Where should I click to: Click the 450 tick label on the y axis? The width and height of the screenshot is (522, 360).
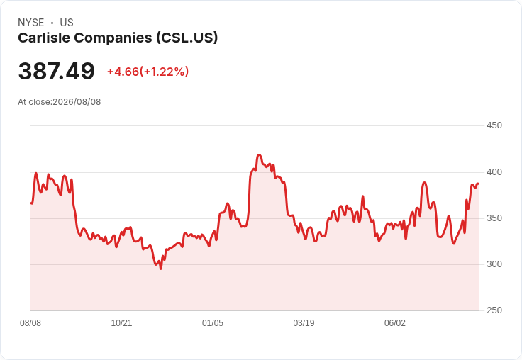[x=494, y=125]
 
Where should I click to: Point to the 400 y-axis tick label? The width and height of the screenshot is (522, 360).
[x=494, y=172]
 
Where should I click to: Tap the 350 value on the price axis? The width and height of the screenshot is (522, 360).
[x=494, y=218]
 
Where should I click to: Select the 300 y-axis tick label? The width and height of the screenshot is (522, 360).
[x=494, y=264]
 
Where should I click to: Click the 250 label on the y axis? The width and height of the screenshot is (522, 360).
[x=494, y=310]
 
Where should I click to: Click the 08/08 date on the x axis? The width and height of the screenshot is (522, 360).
[x=30, y=323]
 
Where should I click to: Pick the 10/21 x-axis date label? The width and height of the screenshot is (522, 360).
[x=121, y=323]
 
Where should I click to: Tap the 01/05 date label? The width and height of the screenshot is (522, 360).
[x=213, y=323]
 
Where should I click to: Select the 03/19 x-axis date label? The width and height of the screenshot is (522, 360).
[x=304, y=323]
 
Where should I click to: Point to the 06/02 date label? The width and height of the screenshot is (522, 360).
[x=395, y=323]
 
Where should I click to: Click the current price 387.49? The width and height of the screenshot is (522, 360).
[x=57, y=71]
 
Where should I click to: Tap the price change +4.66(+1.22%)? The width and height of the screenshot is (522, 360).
[x=148, y=72]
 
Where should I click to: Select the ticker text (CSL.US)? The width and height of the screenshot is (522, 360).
[x=187, y=38]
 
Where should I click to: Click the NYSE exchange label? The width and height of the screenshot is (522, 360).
[x=31, y=23]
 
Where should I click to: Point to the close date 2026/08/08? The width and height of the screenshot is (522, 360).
[x=77, y=102]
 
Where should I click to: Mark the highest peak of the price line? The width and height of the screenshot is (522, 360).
[x=260, y=154]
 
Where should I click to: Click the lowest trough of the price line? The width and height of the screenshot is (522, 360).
[x=161, y=269]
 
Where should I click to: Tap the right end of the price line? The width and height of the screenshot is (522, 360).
[x=479, y=184]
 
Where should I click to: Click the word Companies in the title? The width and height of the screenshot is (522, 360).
[x=113, y=38]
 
